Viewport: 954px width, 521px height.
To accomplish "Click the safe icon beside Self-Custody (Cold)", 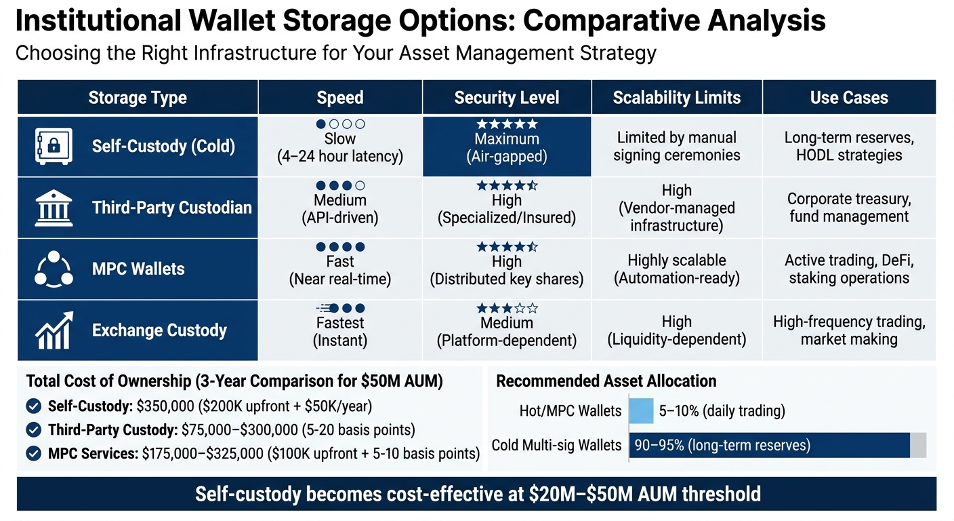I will click(x=53, y=146).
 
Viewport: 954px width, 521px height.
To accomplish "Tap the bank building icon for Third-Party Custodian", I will click(x=53, y=208).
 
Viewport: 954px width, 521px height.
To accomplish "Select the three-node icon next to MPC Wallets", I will click(x=53, y=269).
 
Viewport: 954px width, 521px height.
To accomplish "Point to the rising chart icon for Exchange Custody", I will click(x=53, y=330).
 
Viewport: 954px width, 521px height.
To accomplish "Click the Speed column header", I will click(x=339, y=98).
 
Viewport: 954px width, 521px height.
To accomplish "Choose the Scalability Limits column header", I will click(x=676, y=98).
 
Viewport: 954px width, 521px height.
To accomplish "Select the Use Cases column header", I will click(x=848, y=98).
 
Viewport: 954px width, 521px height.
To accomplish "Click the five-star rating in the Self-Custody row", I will click(x=507, y=124).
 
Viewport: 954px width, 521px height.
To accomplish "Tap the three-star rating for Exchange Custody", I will click(x=507, y=309).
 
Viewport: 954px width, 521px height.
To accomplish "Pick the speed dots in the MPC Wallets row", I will click(x=340, y=247).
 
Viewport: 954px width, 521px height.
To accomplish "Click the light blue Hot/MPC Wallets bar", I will click(x=641, y=410).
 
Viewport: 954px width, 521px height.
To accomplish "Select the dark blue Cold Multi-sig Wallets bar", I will click(x=770, y=446).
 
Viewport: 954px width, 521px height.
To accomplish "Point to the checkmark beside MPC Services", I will click(x=33, y=452).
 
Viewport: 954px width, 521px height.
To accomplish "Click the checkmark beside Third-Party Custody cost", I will click(x=33, y=429).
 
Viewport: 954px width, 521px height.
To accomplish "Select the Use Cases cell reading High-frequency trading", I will click(x=848, y=330).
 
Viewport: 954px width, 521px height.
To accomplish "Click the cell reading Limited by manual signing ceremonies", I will click(x=676, y=147).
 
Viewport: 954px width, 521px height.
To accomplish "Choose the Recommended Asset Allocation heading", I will click(x=606, y=381).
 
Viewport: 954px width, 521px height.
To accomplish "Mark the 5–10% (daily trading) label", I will click(x=722, y=410).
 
